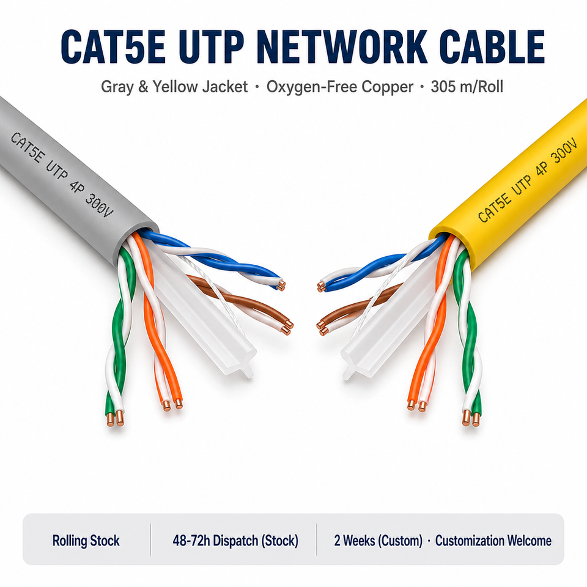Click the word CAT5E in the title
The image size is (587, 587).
click(x=113, y=47)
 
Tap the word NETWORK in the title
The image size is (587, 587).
click(x=342, y=47)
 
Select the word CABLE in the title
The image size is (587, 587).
click(x=492, y=47)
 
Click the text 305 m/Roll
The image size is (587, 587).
click(x=467, y=86)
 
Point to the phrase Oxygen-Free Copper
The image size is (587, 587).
click(x=340, y=87)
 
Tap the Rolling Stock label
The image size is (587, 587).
click(x=86, y=541)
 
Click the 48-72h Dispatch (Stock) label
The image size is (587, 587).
click(x=235, y=541)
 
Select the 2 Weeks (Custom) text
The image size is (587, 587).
click(x=378, y=541)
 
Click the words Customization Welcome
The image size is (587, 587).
click(x=493, y=541)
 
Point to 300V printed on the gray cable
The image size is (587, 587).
click(x=99, y=206)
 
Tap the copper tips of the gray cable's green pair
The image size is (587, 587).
click(x=115, y=418)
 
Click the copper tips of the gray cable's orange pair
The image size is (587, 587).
click(x=172, y=405)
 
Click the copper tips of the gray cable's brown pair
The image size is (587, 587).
click(x=287, y=327)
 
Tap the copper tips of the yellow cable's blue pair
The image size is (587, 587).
click(x=322, y=287)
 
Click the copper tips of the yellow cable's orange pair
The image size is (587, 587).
click(x=416, y=405)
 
